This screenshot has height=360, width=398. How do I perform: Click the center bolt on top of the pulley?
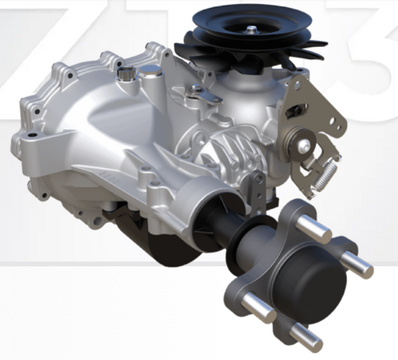(x=251, y=29)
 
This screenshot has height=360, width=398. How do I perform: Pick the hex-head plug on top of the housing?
(x=124, y=76)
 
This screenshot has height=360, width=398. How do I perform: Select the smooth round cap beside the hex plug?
(x=148, y=74)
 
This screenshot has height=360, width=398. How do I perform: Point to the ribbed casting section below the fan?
(x=231, y=147)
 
